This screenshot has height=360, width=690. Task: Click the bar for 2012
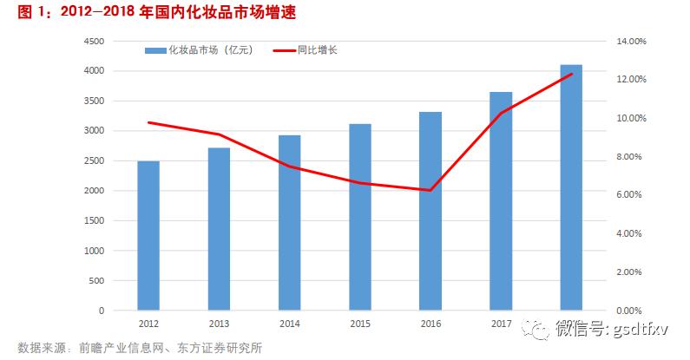[148, 235]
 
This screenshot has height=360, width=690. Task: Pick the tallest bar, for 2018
[571, 187]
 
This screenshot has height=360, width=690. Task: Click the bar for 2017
[501, 200]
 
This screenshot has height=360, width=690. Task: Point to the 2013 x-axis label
[220, 323]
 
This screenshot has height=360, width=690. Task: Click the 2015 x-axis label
[360, 323]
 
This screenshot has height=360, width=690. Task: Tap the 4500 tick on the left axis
[93, 41]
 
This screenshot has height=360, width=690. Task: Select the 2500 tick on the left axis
[93, 160]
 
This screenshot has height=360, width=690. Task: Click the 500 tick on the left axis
[95, 280]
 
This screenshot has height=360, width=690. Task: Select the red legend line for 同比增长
[287, 51]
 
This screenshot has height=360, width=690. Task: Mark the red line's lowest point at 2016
[430, 190]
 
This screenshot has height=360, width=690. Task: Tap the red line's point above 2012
[148, 122]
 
